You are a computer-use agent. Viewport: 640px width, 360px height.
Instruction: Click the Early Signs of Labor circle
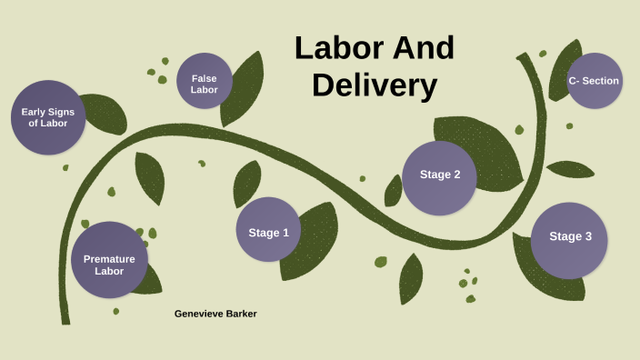pyautogui.click(x=48, y=117)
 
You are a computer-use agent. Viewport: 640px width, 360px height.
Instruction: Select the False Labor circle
pyautogui.click(x=205, y=82)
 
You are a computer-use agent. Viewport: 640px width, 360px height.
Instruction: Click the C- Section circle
pyautogui.click(x=595, y=81)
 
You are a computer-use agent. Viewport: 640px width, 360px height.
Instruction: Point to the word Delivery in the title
pyautogui.click(x=375, y=85)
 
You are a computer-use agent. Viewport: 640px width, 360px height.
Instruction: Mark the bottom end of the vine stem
pyautogui.click(x=65, y=320)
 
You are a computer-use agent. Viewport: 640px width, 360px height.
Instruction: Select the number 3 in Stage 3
pyautogui.click(x=587, y=236)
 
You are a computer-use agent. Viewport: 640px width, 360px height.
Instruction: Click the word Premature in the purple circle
pyautogui.click(x=109, y=259)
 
